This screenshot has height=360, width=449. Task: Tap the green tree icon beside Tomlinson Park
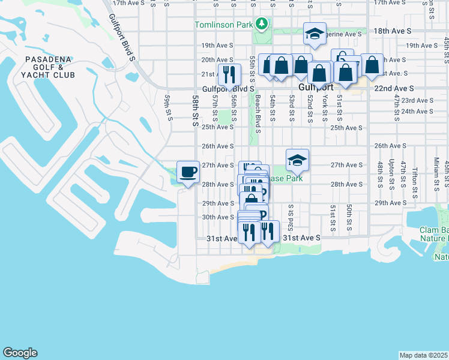point(261,24)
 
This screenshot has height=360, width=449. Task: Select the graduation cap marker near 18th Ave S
point(314,34)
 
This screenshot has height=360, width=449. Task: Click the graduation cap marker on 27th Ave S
point(297,160)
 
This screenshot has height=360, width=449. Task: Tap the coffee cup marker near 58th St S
point(188,172)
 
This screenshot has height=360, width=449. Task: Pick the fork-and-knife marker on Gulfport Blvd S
point(229,74)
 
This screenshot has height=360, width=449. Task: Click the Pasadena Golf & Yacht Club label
point(47,67)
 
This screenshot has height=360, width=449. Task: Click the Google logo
point(20,353)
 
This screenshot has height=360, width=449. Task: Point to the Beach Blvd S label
point(258,110)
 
